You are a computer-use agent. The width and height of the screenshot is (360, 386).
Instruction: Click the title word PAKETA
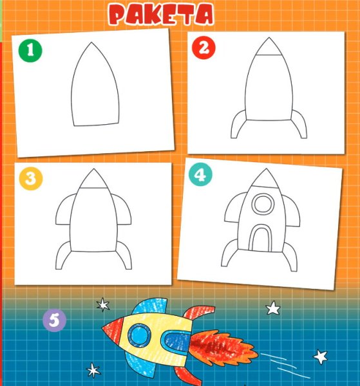pos(161,14)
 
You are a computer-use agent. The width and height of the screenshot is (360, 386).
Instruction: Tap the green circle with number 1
pos(30,50)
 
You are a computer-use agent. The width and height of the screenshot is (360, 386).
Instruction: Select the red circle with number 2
pos(204,48)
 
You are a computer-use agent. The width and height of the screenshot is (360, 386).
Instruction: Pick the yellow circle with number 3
pos(31,178)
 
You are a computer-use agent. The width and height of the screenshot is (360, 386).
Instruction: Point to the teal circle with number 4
pos(200,175)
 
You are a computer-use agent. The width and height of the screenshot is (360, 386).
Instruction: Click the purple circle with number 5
pos(54,320)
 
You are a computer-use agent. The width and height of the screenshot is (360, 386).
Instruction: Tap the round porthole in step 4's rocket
pos(263,204)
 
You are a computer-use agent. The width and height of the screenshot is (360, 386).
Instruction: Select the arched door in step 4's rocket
pos(260,238)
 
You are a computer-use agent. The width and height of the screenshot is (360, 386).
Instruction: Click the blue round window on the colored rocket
pos(140,335)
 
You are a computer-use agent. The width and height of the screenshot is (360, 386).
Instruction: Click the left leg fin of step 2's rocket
pos(238,125)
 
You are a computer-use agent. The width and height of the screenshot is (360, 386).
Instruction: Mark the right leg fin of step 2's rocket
pos(299,125)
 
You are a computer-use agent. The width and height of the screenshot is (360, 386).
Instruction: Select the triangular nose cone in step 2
pos(269,47)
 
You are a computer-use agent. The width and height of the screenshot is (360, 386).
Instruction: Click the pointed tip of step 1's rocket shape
pos(91,42)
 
